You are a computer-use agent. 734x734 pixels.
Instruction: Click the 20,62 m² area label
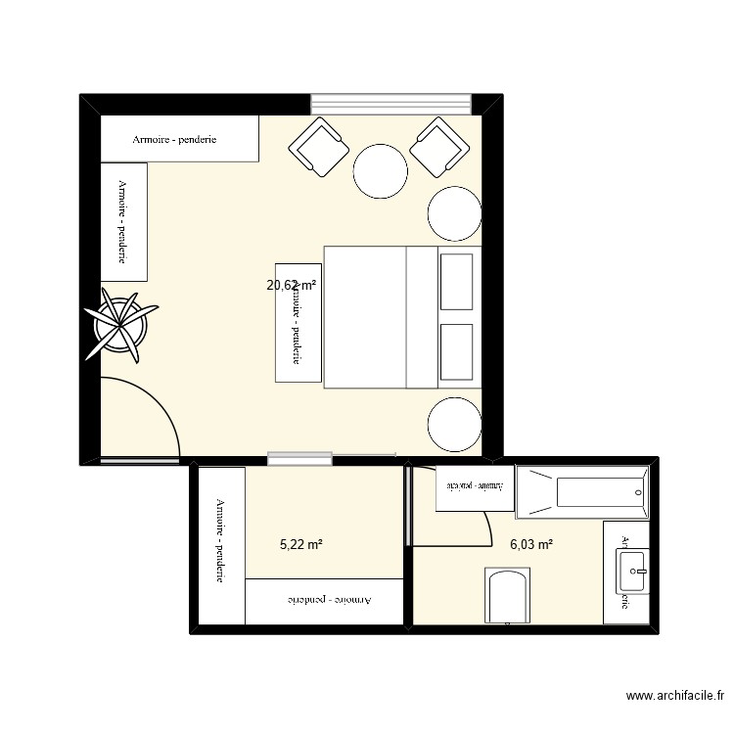(292, 286)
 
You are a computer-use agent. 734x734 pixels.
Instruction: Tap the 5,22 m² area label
(301, 544)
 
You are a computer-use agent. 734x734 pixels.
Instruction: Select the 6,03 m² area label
(531, 544)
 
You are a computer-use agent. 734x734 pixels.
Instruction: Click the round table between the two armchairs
(380, 171)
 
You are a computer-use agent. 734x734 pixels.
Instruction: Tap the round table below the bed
(454, 424)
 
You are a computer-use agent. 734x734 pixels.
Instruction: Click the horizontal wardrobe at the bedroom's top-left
(180, 139)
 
